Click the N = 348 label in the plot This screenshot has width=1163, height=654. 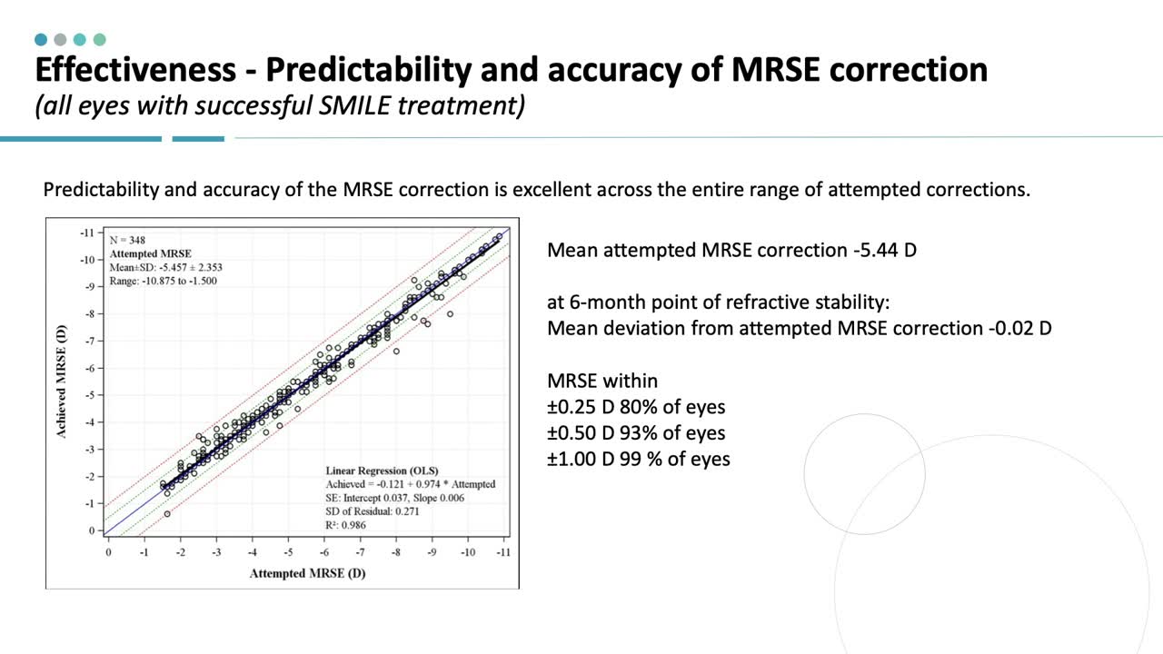point(128,241)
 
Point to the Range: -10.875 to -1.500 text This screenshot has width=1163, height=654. point(164,281)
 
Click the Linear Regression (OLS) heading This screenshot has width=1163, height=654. point(382,471)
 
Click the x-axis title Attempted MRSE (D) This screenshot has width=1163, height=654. point(307,573)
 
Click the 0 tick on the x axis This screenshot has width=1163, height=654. point(108,551)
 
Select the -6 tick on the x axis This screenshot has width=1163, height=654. point(323,551)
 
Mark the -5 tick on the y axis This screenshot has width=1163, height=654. point(88,395)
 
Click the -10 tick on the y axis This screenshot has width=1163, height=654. point(86,260)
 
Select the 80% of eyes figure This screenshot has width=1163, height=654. point(672,407)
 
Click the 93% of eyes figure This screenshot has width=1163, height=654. point(672,432)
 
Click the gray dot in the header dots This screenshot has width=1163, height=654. point(60,40)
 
